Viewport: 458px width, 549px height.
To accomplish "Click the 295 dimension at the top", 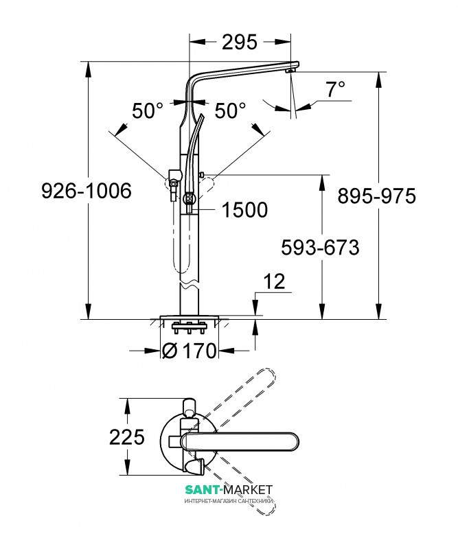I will (x=239, y=42).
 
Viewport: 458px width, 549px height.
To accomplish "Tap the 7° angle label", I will (x=335, y=89).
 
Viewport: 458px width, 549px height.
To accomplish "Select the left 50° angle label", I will (x=148, y=110).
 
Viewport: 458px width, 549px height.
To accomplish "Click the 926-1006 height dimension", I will (x=86, y=191).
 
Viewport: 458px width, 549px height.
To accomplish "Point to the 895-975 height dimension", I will (x=377, y=196).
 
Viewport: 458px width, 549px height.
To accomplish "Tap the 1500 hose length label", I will (x=244, y=210).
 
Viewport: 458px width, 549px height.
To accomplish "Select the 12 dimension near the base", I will (x=274, y=281).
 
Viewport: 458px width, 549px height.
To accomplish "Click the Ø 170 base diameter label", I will (x=188, y=351).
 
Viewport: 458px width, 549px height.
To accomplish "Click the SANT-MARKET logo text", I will (x=229, y=489).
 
